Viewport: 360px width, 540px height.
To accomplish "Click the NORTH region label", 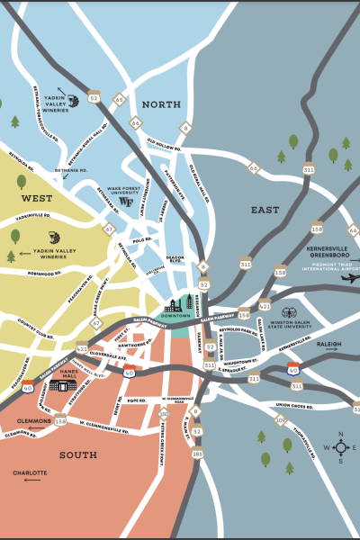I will [x=161, y=103].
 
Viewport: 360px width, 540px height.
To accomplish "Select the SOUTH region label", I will [x=78, y=455].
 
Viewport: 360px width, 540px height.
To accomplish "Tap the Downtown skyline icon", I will [x=176, y=306].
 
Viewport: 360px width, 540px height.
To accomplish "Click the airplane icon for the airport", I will [x=350, y=277].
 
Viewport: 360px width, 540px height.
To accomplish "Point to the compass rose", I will [x=341, y=446].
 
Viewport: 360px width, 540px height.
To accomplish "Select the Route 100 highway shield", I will [x=280, y=420].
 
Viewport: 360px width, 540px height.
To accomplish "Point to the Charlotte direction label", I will [x=30, y=472].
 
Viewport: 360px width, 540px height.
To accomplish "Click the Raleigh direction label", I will [x=329, y=344].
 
